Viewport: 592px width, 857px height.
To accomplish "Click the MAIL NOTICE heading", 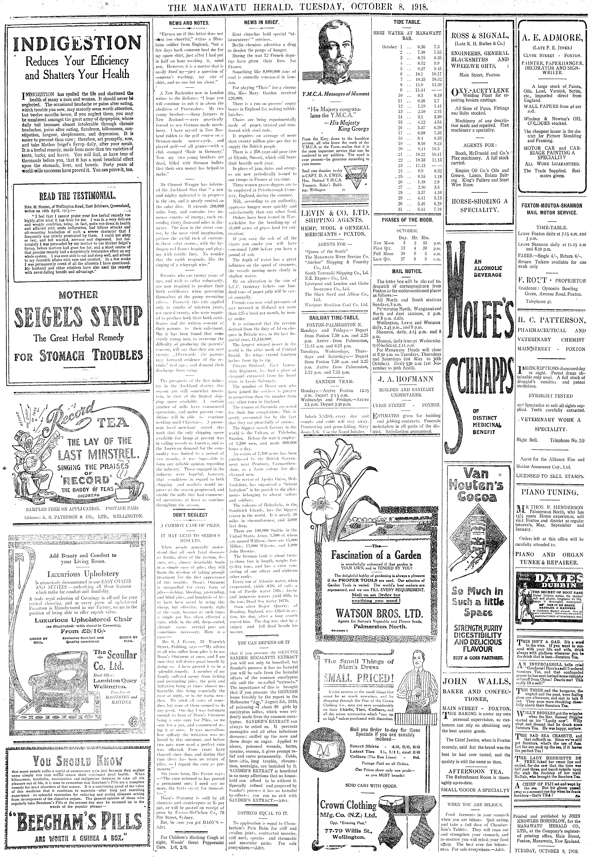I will pyautogui.click(x=407, y=271).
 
